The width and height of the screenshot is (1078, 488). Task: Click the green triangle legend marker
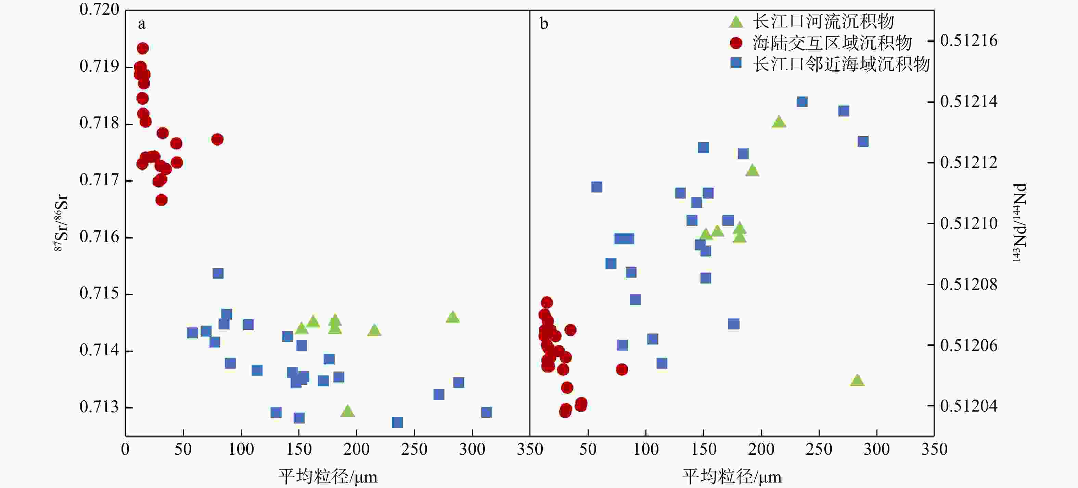735,21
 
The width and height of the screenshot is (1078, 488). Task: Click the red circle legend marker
735,43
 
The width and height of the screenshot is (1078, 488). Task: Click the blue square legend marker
735,63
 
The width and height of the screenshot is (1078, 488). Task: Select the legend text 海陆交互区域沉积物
832,43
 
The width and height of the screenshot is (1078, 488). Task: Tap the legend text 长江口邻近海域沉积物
841,64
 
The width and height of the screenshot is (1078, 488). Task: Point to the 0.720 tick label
99,9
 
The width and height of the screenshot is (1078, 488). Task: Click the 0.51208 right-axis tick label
968,284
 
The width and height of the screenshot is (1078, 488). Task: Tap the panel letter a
142,24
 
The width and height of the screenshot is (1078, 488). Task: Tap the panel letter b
543,24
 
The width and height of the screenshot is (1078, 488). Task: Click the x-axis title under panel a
328,477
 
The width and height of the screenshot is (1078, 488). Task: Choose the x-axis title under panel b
732,477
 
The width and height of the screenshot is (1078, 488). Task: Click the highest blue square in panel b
802,102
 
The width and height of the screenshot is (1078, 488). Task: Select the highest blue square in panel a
218,273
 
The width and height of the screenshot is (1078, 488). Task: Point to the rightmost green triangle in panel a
452,317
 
